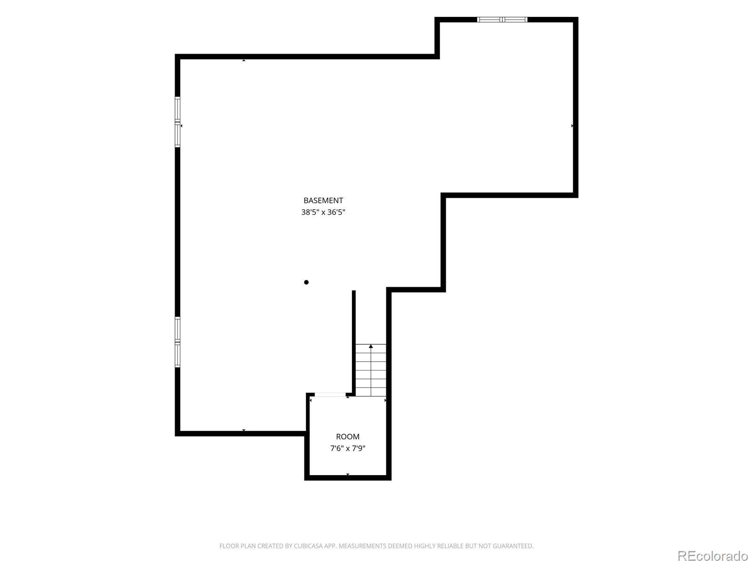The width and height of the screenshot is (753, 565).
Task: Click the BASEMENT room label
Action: (323, 201)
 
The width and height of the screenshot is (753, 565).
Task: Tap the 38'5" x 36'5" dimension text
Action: (323, 212)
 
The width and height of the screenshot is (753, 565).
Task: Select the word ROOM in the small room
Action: (347, 437)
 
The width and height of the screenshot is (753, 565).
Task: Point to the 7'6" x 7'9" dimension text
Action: (347, 448)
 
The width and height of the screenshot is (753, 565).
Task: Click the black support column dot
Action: (306, 282)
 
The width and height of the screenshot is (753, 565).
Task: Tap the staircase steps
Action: (370, 370)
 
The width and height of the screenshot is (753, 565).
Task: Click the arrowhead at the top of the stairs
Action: (370, 346)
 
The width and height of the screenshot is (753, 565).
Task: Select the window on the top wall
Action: (502, 20)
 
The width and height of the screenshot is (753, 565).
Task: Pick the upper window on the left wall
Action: (177, 122)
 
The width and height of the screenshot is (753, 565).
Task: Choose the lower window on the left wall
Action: (177, 342)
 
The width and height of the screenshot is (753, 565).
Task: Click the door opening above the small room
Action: (330, 395)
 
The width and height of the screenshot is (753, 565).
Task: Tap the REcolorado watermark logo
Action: (713, 556)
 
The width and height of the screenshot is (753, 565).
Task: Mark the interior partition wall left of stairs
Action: (354, 343)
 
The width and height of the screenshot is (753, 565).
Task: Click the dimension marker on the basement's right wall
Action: (572, 126)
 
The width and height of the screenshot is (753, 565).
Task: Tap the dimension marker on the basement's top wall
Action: (244, 60)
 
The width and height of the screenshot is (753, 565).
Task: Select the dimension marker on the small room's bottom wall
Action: (347, 475)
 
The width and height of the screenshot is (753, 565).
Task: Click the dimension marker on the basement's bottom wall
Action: (244, 430)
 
